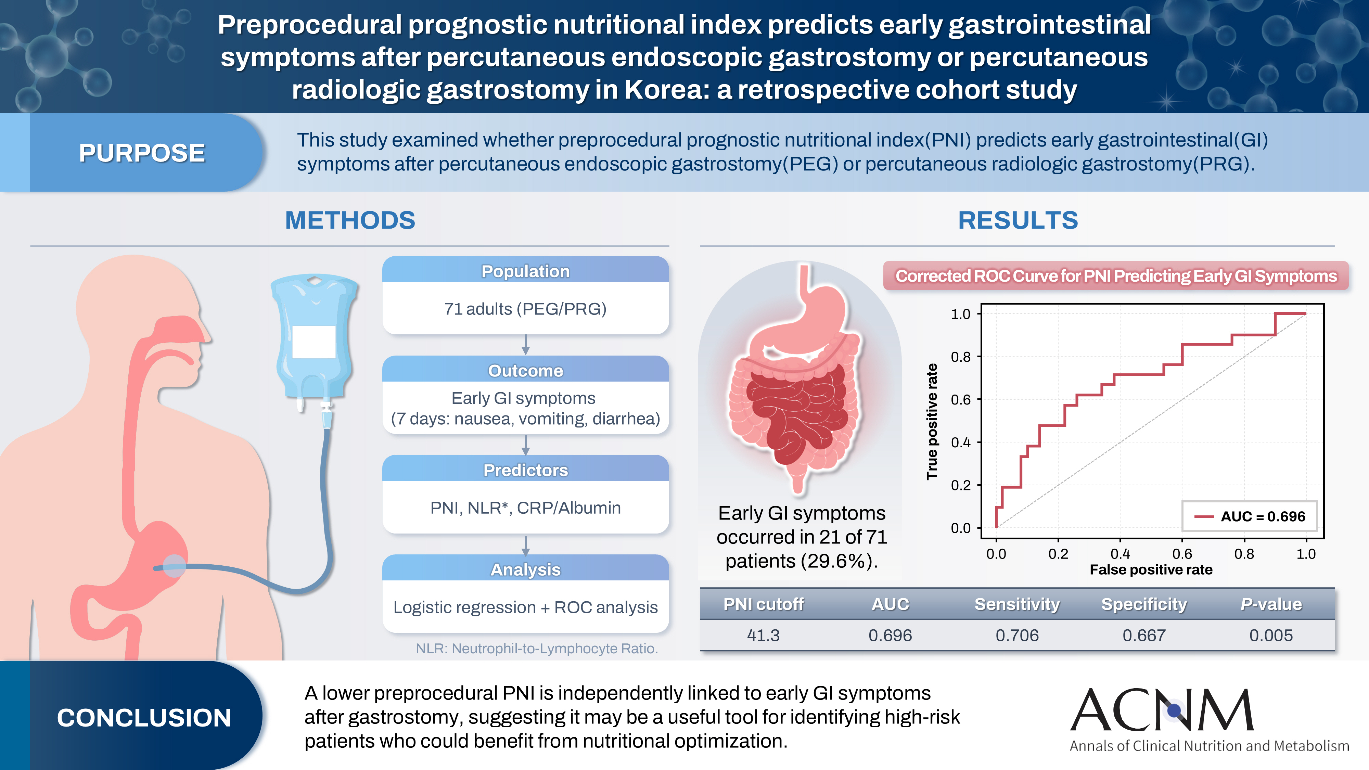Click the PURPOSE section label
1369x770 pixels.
click(142, 153)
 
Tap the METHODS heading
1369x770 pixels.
click(350, 220)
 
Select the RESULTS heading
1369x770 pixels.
click(1018, 220)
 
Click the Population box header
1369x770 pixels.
click(525, 271)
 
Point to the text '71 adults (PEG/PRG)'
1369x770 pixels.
click(525, 309)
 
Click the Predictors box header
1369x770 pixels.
click(525, 470)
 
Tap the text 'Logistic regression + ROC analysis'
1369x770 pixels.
click(525, 607)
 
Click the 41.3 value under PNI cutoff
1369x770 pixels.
click(763, 635)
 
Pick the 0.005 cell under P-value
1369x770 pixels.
click(1271, 635)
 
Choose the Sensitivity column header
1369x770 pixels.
click(1016, 604)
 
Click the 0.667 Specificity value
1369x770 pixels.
click(1144, 635)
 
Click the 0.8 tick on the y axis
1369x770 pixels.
click(961, 357)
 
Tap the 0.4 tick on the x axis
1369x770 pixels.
click(1120, 554)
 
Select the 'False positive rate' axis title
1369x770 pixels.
click(1151, 570)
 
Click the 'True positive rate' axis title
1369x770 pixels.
click(932, 421)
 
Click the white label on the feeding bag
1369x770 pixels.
click(314, 342)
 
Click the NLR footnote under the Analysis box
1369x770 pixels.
click(537, 648)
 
